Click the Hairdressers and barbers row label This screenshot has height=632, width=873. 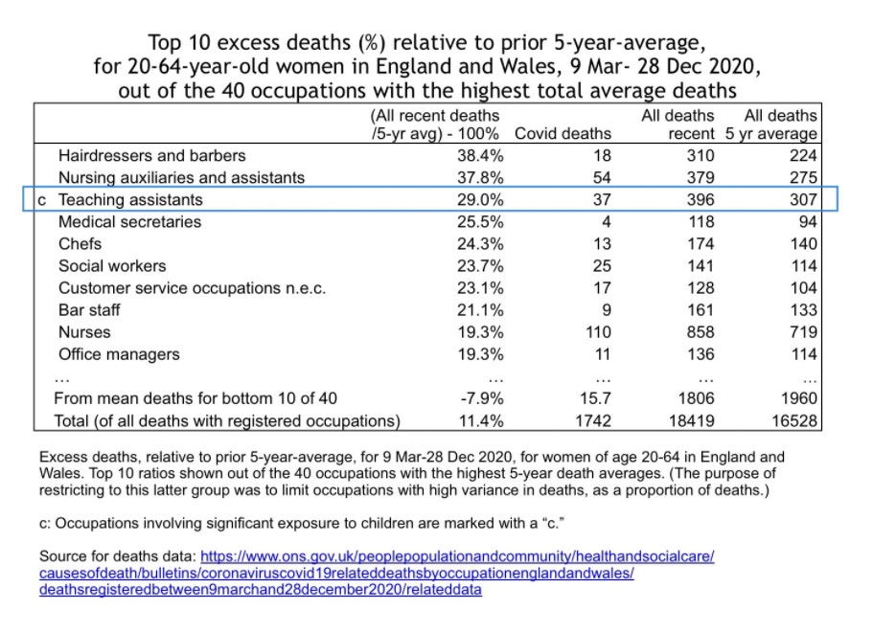(152, 155)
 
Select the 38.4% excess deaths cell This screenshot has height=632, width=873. (477, 155)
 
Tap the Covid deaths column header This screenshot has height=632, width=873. (563, 133)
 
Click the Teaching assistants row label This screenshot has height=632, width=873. (130, 199)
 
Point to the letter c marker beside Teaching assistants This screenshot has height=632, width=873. (42, 199)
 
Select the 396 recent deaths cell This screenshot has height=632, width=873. (701, 199)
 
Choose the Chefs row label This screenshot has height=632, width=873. (80, 243)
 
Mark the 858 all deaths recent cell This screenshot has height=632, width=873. (701, 332)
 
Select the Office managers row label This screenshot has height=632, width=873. (119, 354)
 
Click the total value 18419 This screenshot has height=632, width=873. (693, 420)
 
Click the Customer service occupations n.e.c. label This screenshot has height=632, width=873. (193, 287)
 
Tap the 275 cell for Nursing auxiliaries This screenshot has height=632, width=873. (803, 177)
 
